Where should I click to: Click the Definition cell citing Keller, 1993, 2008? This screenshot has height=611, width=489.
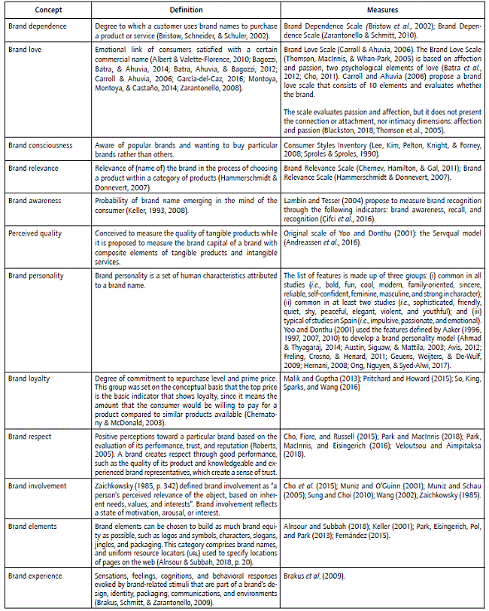click(187, 207)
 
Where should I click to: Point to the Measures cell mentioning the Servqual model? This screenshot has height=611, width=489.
click(383, 239)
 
